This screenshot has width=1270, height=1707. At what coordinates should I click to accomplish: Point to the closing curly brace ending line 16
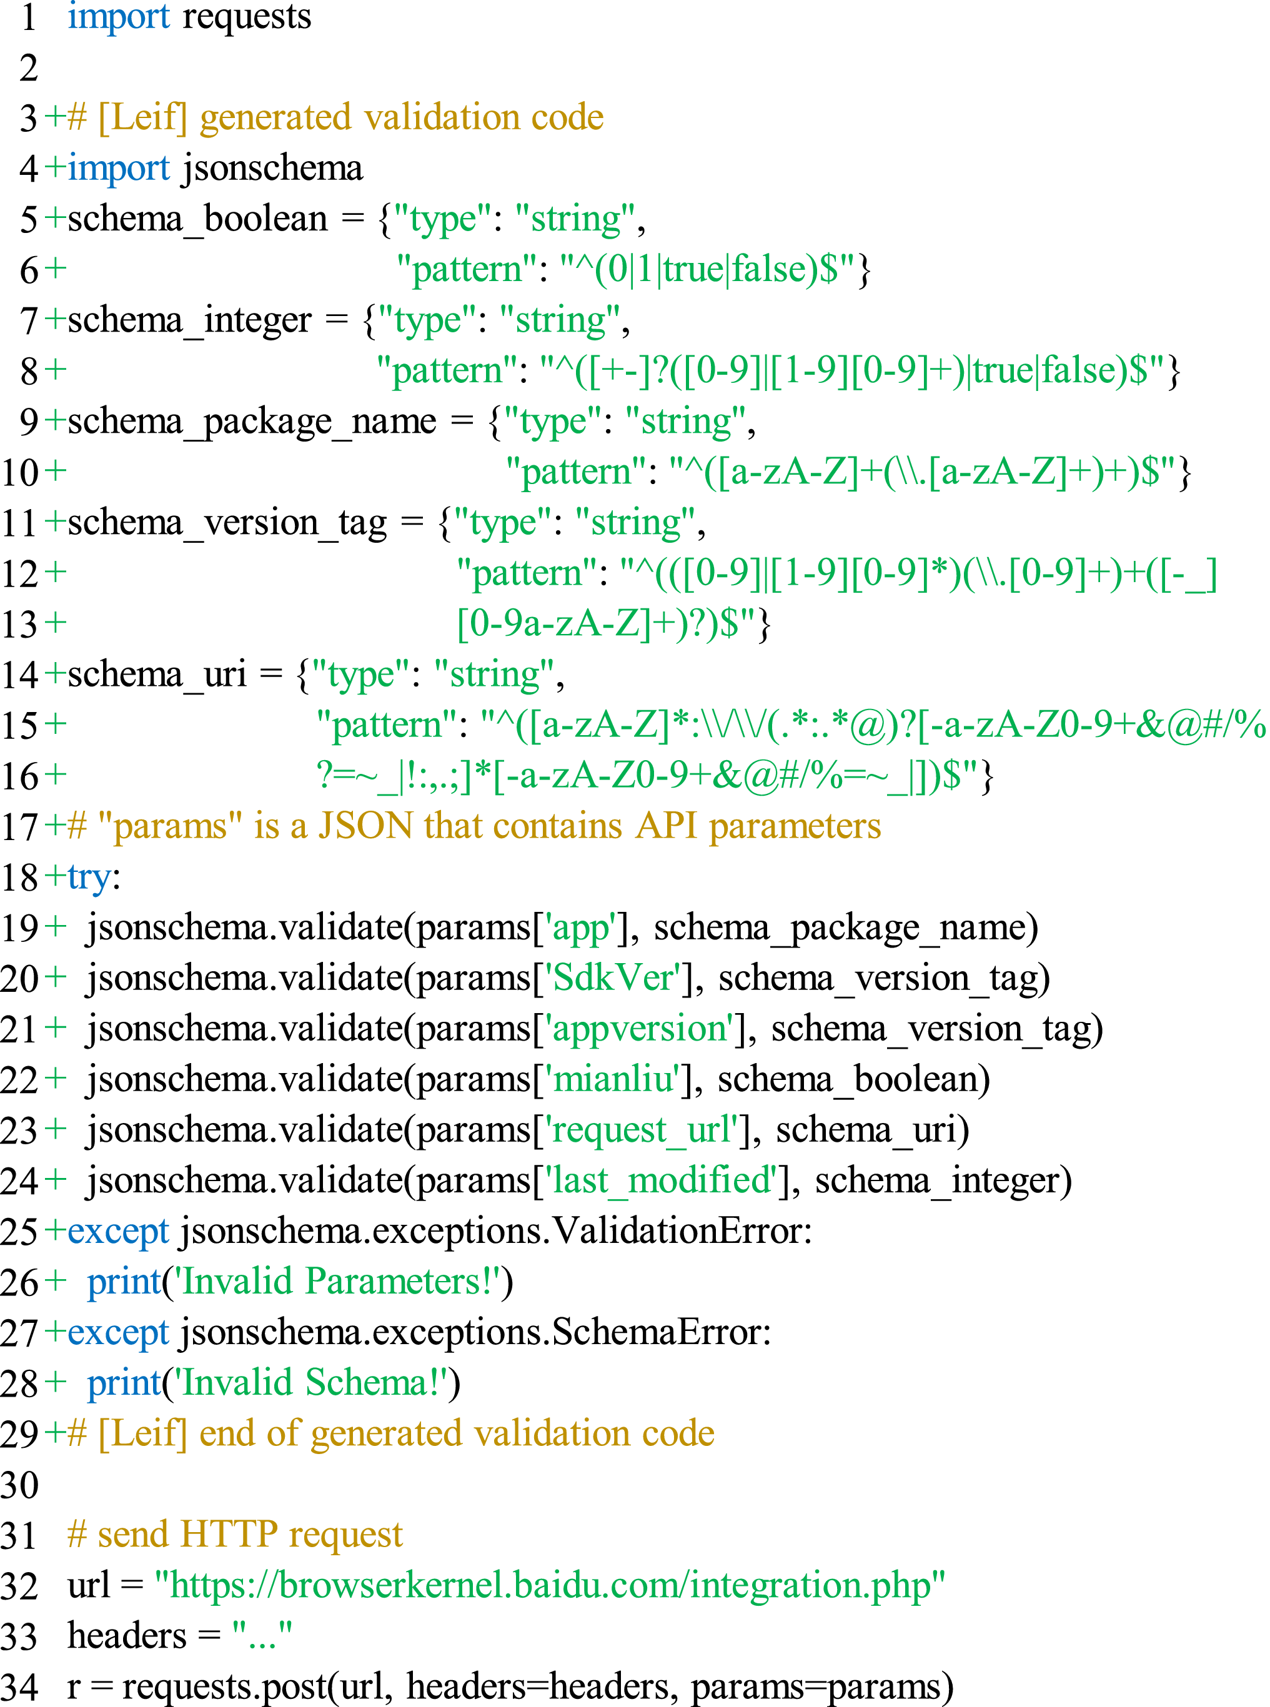[987, 776]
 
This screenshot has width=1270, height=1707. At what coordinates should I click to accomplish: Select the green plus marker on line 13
[56, 623]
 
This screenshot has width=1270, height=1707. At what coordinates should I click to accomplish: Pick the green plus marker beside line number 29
[56, 1433]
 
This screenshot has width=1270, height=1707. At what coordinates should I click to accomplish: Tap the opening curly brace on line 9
[495, 421]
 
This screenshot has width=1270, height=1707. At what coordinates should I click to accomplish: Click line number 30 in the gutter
[19, 1484]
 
